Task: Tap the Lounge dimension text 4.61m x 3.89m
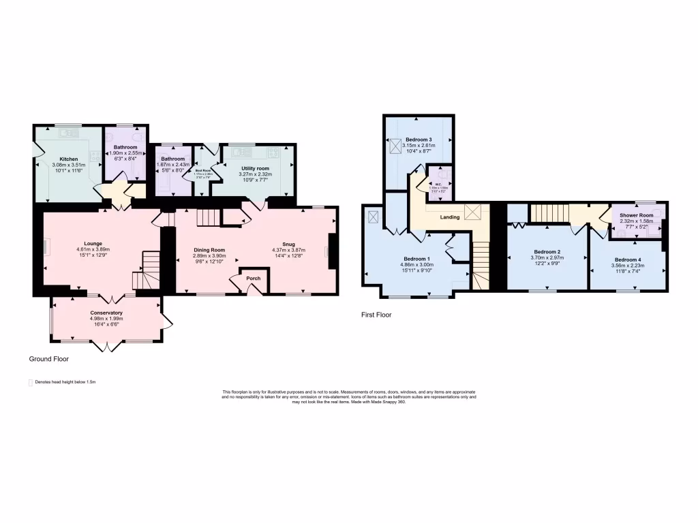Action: click(93, 250)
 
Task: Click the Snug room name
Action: click(289, 243)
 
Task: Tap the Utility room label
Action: click(255, 168)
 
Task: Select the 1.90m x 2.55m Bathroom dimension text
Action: click(125, 153)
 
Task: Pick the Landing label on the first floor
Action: click(449, 217)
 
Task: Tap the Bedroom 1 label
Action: click(416, 259)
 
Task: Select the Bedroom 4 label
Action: click(626, 259)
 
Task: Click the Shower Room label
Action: click(636, 215)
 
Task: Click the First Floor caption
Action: click(376, 315)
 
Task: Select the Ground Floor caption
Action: click(48, 358)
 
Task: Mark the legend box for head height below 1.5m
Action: click(31, 383)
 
